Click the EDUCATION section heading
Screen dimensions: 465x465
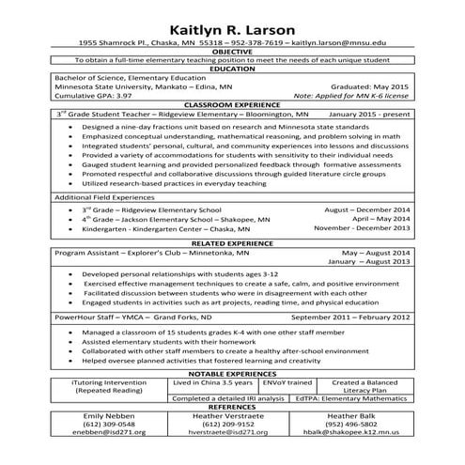coord(232,70)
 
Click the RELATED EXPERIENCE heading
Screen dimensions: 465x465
coord(232,243)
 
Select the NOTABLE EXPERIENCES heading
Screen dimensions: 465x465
coord(232,373)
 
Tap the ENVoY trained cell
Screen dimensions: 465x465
coord(260,383)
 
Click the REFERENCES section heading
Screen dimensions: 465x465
coord(232,408)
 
